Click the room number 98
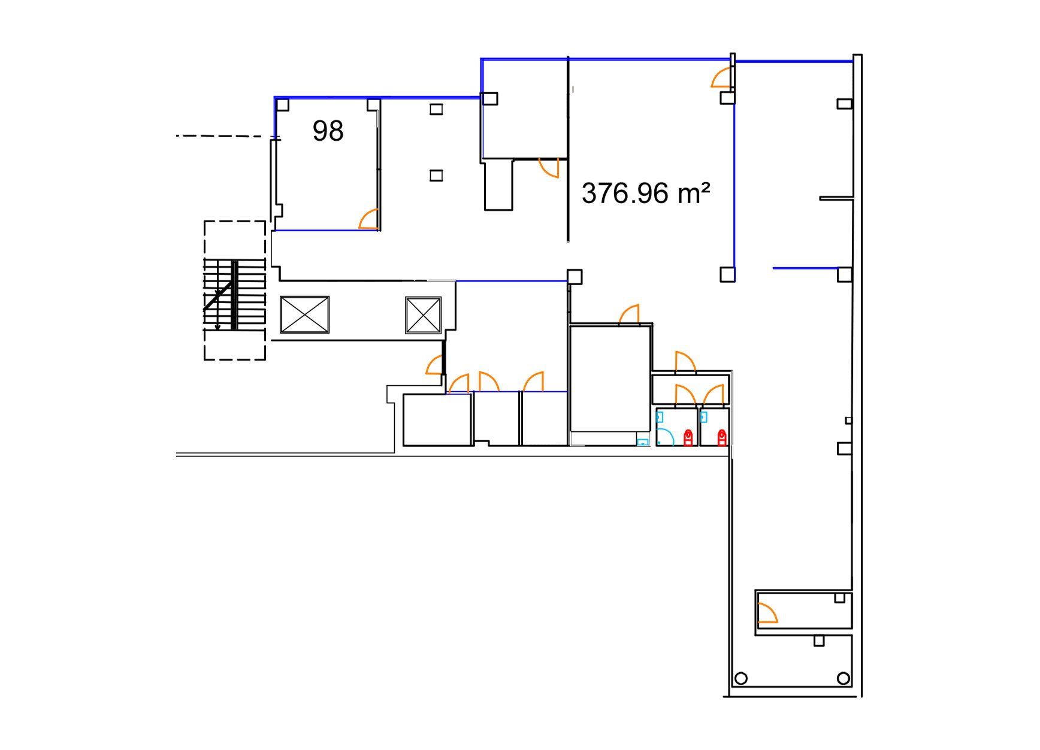click(328, 131)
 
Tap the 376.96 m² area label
click(646, 193)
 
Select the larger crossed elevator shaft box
click(304, 314)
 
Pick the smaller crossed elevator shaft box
click(423, 315)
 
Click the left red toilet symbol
click(688, 437)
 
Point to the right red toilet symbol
click(722, 437)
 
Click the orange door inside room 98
click(369, 219)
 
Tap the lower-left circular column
click(741, 679)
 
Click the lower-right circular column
click(844, 679)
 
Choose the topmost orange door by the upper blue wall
click(721, 78)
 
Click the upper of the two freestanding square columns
click(436, 109)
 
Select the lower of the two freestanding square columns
click(436, 176)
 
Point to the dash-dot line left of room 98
click(228, 137)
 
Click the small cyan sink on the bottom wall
click(643, 442)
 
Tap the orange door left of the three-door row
click(434, 365)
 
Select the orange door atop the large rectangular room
click(629, 314)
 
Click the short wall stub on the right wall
click(836, 198)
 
